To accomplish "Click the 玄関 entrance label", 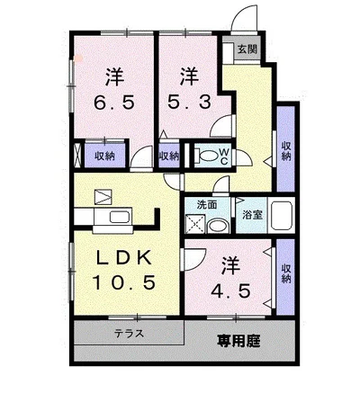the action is point(247,49).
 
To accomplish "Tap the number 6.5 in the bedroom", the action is point(114,103).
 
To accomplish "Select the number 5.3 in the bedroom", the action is point(189,103).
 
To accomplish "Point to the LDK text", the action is point(123,258).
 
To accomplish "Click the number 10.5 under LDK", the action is point(124,282).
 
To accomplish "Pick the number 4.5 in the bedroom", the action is point(230,290).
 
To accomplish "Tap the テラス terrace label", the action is point(129,333).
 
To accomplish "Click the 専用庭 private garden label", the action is point(238,341).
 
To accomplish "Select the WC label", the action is point(224,156).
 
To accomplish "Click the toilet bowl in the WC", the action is point(206,156).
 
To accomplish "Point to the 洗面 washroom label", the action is point(207,205).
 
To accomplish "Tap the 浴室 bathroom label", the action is point(252,215).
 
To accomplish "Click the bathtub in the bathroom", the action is point(282,215).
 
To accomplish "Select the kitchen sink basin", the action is point(120,217).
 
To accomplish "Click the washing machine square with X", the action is point(195,223).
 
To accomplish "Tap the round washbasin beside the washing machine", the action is point(218,226).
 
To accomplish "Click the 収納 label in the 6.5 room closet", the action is point(105,156).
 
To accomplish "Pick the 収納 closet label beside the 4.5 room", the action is point(286,273).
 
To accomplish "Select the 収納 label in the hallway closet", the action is point(286,151).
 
